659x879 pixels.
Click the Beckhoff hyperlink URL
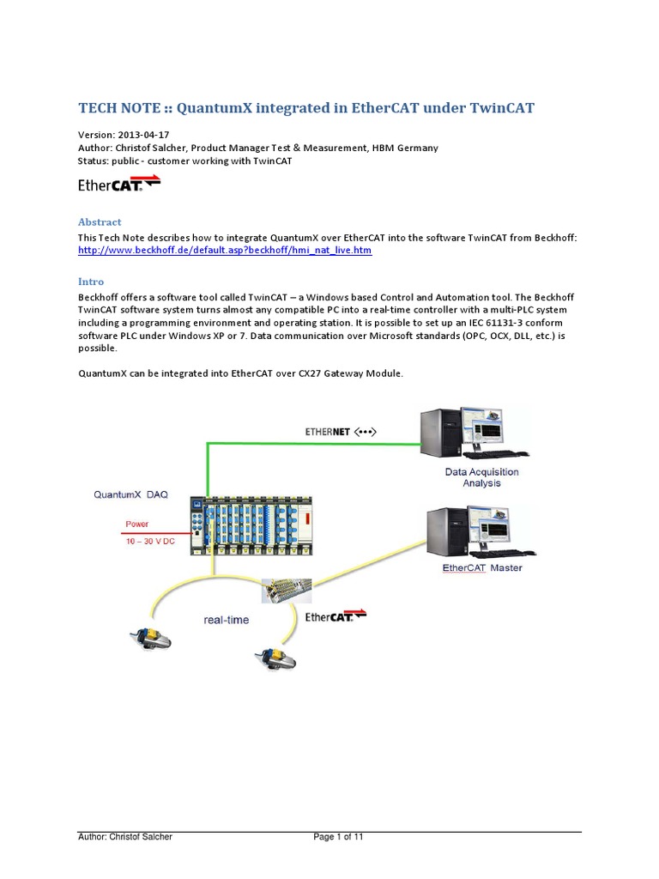click(225, 250)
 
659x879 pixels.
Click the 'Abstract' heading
click(100, 221)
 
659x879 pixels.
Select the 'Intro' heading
click(91, 282)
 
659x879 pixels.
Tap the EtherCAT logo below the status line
click(119, 184)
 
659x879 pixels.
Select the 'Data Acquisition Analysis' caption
click(481, 477)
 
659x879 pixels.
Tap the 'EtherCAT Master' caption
click(481, 567)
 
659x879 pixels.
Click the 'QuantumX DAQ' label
click(131, 494)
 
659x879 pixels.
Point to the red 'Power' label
click(137, 523)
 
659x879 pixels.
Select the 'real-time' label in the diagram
click(227, 619)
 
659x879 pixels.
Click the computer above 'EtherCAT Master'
click(474, 532)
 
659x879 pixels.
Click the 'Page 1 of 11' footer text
click(339, 837)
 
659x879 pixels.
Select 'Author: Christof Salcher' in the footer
click(125, 837)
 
